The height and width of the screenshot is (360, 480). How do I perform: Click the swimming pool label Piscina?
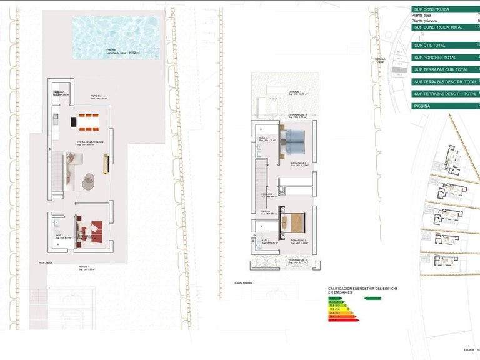[x=111, y=49]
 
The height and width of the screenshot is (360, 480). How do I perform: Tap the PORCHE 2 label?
[x=96, y=96]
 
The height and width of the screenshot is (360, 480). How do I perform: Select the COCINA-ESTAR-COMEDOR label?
[x=90, y=142]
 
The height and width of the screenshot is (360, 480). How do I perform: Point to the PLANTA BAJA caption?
[x=46, y=263]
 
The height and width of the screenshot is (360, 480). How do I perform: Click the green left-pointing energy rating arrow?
[x=372, y=299]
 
